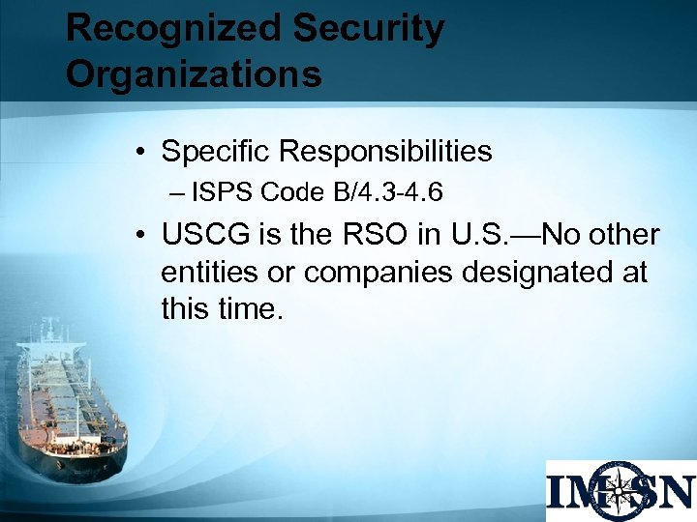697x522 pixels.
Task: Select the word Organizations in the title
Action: point(194,74)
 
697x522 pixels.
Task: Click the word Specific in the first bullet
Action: point(216,152)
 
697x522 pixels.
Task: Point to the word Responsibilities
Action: point(385,152)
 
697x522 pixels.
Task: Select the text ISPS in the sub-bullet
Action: point(222,193)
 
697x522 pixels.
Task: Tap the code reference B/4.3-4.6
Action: point(388,193)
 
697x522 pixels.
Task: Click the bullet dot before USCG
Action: point(141,236)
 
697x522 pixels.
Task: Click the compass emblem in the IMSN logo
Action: point(620,490)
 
